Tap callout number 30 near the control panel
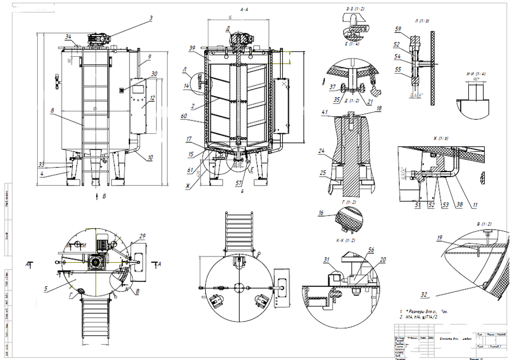[x=154, y=73]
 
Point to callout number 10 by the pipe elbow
[x=150, y=157]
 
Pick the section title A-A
[x=245, y=10]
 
